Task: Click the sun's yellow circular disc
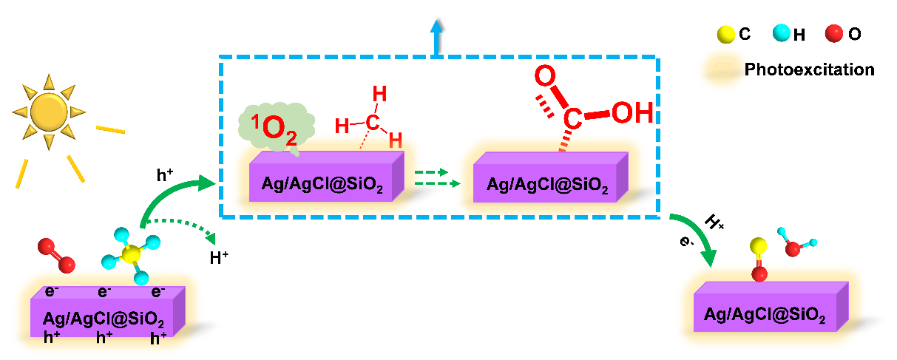[x=49, y=110]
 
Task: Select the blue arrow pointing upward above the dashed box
[x=437, y=37]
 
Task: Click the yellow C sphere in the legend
[x=726, y=33]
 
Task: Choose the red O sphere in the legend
[x=835, y=33]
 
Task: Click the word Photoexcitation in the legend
[x=809, y=70]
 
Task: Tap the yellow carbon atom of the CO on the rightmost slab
[x=758, y=247]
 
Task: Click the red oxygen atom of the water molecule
[x=793, y=248]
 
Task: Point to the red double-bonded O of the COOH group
[x=545, y=76]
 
